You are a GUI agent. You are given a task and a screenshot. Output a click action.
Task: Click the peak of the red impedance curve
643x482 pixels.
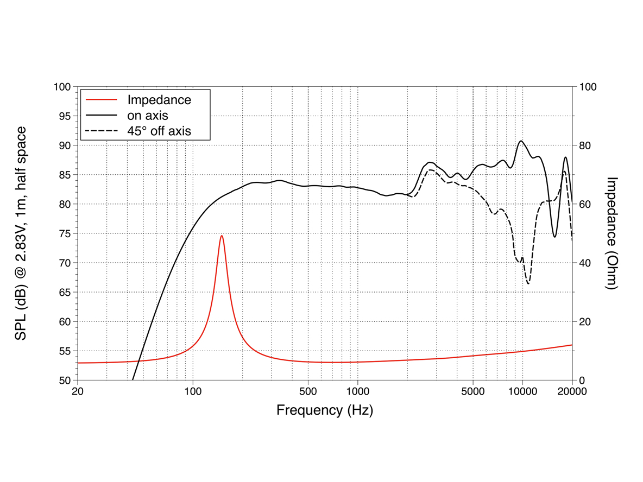click(x=222, y=236)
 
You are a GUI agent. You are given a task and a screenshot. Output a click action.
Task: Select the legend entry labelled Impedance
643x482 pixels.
click(x=159, y=100)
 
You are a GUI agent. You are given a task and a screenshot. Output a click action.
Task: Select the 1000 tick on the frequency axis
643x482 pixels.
click(x=357, y=391)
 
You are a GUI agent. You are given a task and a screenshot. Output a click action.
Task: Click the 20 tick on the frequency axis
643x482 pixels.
click(x=78, y=391)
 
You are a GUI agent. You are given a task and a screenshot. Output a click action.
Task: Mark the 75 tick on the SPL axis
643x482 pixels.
click(x=65, y=233)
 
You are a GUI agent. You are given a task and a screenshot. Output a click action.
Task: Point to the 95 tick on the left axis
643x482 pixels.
click(x=65, y=116)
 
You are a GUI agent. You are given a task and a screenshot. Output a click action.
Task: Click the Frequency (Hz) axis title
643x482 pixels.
click(x=325, y=410)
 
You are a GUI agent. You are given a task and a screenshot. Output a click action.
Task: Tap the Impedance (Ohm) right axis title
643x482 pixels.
click(x=613, y=233)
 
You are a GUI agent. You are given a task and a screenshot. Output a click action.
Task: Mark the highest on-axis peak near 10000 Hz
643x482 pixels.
click(x=521, y=141)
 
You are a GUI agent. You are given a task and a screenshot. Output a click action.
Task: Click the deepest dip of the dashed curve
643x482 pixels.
click(x=528, y=283)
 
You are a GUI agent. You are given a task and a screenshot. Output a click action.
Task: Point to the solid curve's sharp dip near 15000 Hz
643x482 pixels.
click(x=554, y=237)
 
